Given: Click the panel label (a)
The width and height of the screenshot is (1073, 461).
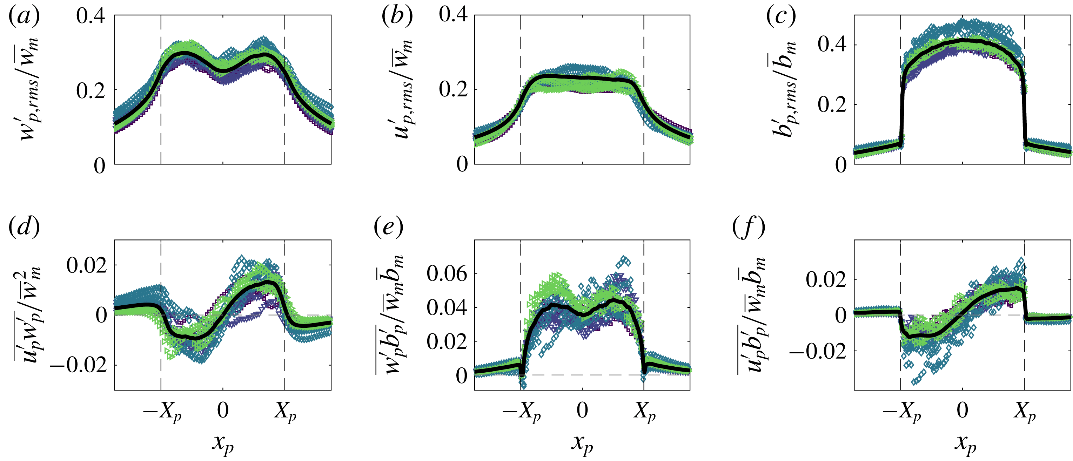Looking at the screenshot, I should point(24,17).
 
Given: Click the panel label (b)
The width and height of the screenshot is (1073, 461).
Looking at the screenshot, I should point(397,17).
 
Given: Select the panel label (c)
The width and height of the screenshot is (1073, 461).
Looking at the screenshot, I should point(781,17).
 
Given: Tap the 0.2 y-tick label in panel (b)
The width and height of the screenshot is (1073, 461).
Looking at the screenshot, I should point(453,89).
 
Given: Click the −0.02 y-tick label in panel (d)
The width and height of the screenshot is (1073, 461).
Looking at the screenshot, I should point(78,366).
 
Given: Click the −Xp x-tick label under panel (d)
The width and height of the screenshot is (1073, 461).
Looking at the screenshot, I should point(162,412).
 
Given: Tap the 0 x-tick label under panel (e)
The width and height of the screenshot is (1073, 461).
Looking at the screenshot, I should point(582,411).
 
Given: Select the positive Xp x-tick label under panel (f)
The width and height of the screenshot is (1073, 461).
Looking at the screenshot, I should point(1025,412).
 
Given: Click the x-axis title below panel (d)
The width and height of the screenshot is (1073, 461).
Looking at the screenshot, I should point(223,444).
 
